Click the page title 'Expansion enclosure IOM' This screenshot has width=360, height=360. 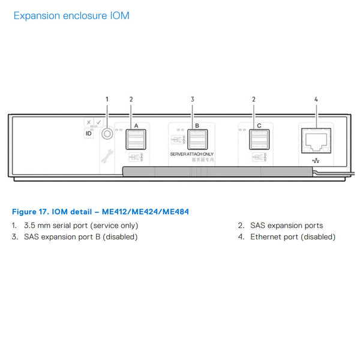point(71,16)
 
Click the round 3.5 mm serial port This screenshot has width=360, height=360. point(107,135)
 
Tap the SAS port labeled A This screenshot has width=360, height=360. point(136,140)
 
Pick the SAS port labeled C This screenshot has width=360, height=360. point(259,140)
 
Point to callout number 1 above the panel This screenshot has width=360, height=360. point(107,99)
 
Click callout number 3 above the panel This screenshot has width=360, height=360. point(193,99)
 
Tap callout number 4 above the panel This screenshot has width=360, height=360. point(316,99)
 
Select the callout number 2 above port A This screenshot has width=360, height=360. point(131,99)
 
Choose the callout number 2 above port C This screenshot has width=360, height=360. point(254,99)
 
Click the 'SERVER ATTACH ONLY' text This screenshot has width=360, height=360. point(191,155)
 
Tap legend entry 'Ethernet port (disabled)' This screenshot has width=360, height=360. point(293,237)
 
